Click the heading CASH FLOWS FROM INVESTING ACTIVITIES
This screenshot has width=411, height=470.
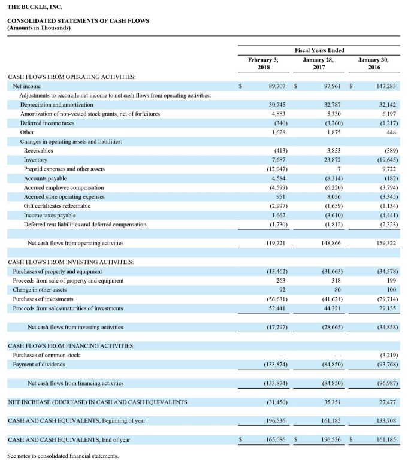[70, 262]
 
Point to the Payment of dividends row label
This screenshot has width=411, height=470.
[40, 365]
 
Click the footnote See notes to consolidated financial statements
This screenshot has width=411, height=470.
[63, 456]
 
